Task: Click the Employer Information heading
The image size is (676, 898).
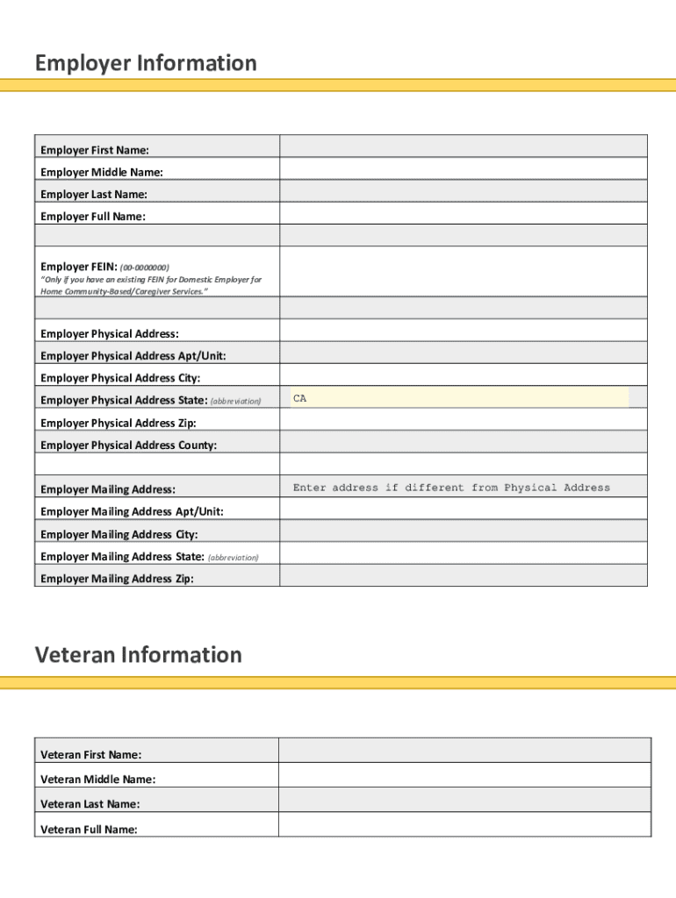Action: pyautogui.click(x=146, y=63)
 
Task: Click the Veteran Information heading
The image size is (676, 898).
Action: pyautogui.click(x=138, y=655)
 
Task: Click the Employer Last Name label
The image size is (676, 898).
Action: pyautogui.click(x=94, y=195)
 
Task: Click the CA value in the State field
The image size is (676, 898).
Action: pyautogui.click(x=300, y=399)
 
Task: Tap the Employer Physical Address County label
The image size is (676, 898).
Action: pyautogui.click(x=128, y=445)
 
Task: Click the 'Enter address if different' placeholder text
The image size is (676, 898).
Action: pyautogui.click(x=451, y=488)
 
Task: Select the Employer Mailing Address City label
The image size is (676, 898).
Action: pyautogui.click(x=119, y=534)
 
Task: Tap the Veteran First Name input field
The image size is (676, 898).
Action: pyautogui.click(x=464, y=751)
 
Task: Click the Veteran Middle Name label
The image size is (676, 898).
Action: pyautogui.click(x=97, y=780)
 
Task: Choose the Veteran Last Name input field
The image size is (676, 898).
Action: pyautogui.click(x=464, y=800)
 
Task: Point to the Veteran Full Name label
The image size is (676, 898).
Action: pyautogui.click(x=89, y=829)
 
